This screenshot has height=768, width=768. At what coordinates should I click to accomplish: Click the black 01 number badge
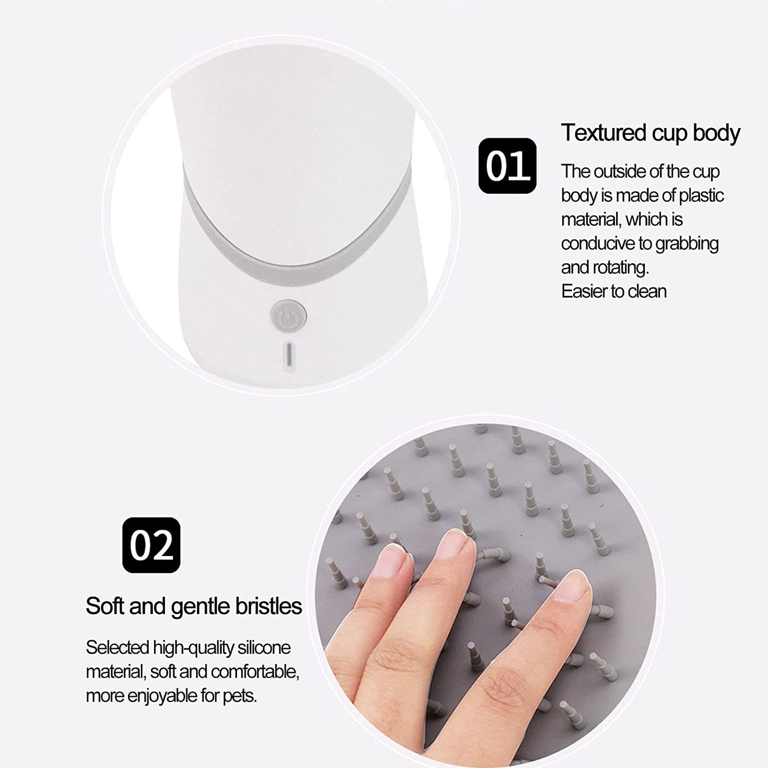pos(507,166)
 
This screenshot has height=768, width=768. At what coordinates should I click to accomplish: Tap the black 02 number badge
pos(151,545)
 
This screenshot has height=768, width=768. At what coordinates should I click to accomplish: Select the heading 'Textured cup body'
pos(651,133)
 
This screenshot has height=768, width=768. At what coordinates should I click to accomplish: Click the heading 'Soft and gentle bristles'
pos(193,606)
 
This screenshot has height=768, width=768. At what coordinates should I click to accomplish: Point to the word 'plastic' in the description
pos(702,195)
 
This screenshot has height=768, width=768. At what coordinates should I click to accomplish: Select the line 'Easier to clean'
pos(614,291)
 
